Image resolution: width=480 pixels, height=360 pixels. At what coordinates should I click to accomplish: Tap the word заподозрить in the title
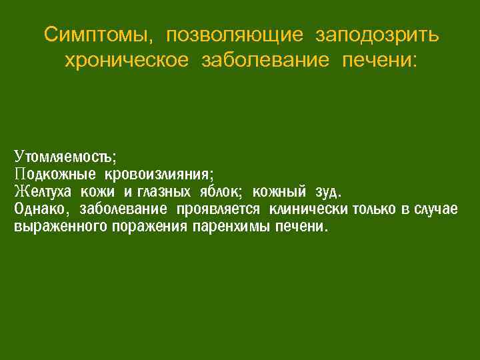(x=377, y=34)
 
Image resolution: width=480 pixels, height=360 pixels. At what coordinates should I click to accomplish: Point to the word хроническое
(x=126, y=61)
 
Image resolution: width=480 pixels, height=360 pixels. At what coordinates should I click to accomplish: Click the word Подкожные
(x=55, y=175)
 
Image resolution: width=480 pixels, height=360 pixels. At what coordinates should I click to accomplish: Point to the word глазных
(x=165, y=193)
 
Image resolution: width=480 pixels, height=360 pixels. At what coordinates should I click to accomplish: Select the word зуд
(x=327, y=193)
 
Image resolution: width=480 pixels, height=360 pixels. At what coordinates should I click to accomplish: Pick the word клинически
(x=308, y=210)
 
